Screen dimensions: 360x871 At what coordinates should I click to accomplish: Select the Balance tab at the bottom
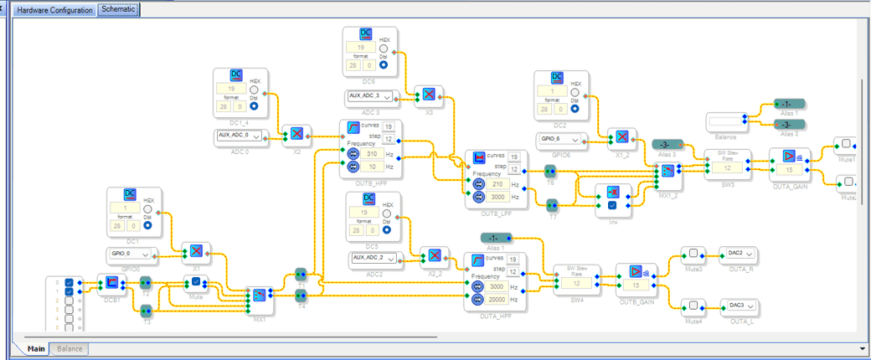click(x=70, y=348)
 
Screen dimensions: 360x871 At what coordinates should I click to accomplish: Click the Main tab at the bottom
click(x=36, y=348)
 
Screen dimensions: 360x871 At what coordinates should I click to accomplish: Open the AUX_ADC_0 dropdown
click(x=240, y=135)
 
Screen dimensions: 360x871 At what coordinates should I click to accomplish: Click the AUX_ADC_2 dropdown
click(x=373, y=258)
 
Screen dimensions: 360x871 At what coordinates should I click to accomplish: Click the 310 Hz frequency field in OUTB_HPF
click(x=374, y=154)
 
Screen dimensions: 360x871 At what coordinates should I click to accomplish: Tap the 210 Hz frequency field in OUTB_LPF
click(x=497, y=184)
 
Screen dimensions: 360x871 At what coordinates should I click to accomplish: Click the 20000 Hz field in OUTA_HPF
click(x=497, y=299)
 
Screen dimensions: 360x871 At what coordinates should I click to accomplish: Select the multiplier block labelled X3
click(x=428, y=95)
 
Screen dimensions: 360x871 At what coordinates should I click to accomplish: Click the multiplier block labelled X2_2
click(x=434, y=255)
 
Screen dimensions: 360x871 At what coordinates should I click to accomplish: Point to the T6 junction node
click(x=550, y=171)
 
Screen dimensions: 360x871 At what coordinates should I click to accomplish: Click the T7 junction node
click(x=552, y=204)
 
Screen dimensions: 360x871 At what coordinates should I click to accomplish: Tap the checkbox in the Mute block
click(x=196, y=281)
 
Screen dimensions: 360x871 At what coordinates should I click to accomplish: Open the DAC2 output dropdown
click(x=738, y=253)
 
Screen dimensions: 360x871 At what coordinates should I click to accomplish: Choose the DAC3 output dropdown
click(x=738, y=306)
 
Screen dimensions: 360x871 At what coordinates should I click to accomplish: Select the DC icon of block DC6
click(x=365, y=34)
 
